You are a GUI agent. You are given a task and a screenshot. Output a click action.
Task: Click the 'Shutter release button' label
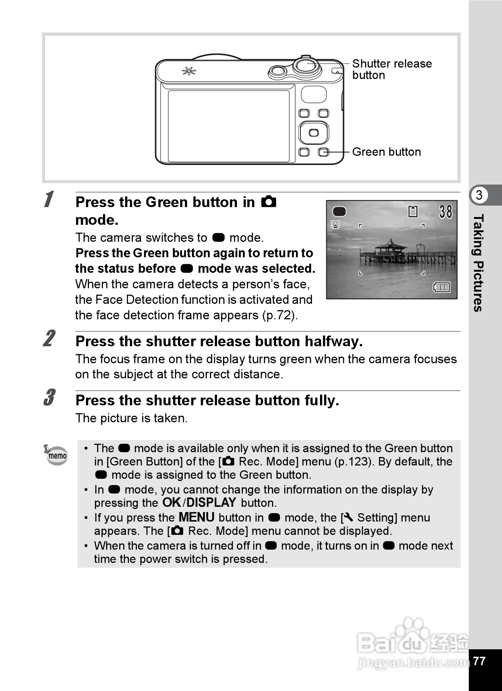[391, 69]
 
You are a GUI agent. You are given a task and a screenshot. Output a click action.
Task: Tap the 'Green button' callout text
[386, 152]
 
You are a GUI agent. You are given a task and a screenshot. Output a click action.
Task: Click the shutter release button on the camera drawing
[306, 66]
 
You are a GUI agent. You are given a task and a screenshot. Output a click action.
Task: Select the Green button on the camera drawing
[324, 152]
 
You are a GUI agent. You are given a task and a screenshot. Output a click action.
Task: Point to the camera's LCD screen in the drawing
[228, 126]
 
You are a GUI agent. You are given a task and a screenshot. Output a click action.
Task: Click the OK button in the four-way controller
[314, 133]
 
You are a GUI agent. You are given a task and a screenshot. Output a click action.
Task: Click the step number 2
[49, 338]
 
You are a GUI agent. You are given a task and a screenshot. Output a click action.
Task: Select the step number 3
[49, 398]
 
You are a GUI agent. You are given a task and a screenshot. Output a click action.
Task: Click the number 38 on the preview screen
[446, 212]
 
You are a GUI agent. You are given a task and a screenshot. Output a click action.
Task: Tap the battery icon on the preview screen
[441, 287]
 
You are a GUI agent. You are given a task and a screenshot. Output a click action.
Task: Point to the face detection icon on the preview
[335, 224]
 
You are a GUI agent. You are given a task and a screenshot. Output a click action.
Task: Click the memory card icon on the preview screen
[413, 212]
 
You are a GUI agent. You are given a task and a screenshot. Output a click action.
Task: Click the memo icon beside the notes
[56, 455]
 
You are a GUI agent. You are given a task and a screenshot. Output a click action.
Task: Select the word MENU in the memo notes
[196, 517]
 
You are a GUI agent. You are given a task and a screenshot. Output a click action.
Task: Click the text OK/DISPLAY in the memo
[199, 502]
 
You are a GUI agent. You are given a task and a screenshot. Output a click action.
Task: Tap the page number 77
[479, 661]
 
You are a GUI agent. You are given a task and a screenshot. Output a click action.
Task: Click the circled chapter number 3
[479, 195]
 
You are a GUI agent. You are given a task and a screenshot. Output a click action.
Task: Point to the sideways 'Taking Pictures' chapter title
[478, 263]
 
